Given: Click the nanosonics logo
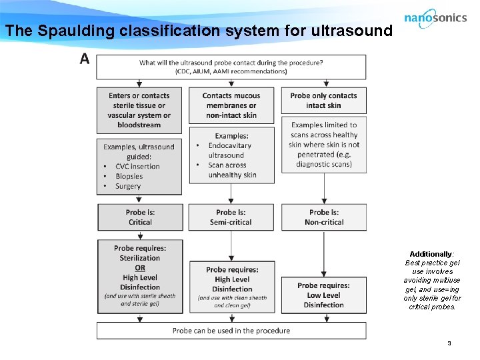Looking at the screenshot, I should [x=435, y=19].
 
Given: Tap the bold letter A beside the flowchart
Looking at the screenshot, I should [x=85, y=59].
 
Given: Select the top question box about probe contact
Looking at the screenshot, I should [x=231, y=67].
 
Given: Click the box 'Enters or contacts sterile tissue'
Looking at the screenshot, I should [x=139, y=110].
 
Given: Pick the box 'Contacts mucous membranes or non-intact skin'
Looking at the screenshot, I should [x=231, y=105].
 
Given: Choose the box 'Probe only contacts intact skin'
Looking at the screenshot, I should [x=323, y=100].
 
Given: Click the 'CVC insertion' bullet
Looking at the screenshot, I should [x=137, y=166].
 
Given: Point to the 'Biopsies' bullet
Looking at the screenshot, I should [x=129, y=176].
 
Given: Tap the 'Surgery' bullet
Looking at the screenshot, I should [x=128, y=186].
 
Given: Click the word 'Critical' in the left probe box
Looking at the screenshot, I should [x=140, y=222].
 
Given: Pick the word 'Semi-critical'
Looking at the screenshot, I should [x=231, y=222].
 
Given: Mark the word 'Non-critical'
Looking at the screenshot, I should [x=324, y=222].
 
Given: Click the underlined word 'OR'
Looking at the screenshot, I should [x=140, y=268].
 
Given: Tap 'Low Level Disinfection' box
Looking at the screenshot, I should [x=323, y=295].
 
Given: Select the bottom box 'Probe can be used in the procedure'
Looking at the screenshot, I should [x=231, y=331].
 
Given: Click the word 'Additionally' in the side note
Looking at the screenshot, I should [x=431, y=255].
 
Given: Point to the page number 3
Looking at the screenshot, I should [x=449, y=343].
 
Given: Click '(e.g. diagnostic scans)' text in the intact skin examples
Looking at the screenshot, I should [x=324, y=159].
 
